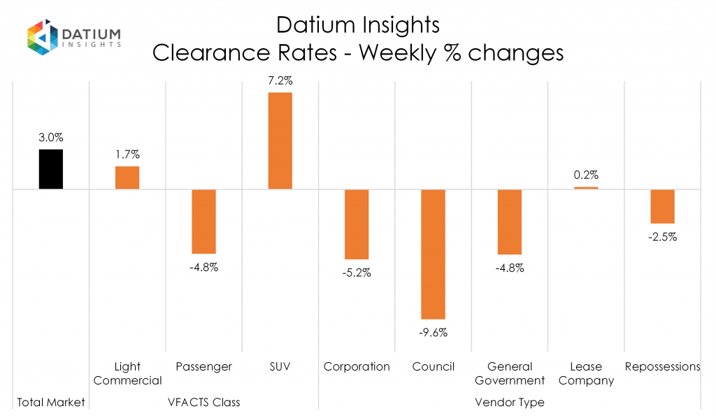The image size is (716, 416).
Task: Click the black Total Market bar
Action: pyautogui.click(x=51, y=169)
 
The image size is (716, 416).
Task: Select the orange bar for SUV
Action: pyautogui.click(x=280, y=141)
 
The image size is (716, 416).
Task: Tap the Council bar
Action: pyautogui.click(x=433, y=254)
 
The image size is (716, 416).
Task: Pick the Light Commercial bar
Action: pyautogui.click(x=127, y=178)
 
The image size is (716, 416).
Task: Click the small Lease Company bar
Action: pyautogui.click(x=586, y=187)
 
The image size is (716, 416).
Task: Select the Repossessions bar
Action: pyautogui.click(x=662, y=206)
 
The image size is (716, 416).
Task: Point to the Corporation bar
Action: pyautogui.click(x=357, y=224)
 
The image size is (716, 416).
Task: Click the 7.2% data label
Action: pyautogui.click(x=280, y=82)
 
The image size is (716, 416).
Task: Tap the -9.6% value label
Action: pyautogui.click(x=433, y=333)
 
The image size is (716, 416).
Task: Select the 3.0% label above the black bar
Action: pyautogui.click(x=51, y=138)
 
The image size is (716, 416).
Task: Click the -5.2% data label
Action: pyautogui.click(x=357, y=273)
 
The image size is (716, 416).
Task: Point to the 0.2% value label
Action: pyautogui.click(x=586, y=175)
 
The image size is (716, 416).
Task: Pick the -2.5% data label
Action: pyautogui.click(x=662, y=237)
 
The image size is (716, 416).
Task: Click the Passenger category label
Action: pyautogui.click(x=203, y=366)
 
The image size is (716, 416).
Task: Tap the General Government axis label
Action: pyautogui.click(x=510, y=373)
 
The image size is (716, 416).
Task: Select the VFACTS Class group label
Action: pyautogui.click(x=203, y=402)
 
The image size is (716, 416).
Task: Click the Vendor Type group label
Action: pyautogui.click(x=509, y=402)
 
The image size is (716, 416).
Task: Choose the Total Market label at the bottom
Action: pyautogui.click(x=51, y=402)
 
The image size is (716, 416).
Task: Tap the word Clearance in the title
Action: pyautogui.click(x=208, y=52)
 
